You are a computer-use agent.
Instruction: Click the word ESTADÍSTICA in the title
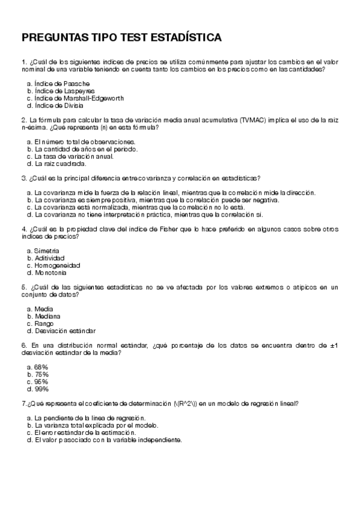coord(188,38)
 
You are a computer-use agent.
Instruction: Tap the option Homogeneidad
coord(57,265)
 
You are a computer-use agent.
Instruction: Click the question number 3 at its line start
coord(23,178)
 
